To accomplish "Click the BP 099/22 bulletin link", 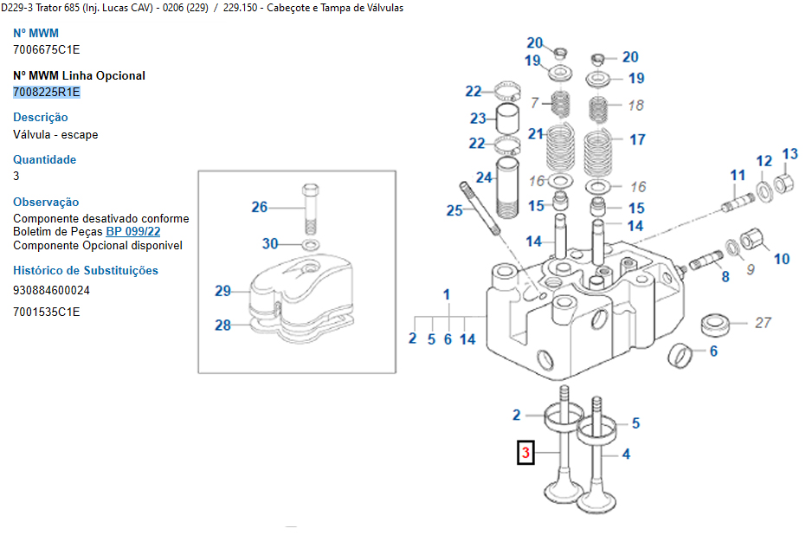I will coord(132,232).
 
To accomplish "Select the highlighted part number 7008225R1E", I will coord(47,92).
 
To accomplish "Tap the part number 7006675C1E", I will coord(47,50).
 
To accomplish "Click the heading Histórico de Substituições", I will coord(86,270).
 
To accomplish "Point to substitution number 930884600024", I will coord(51,291).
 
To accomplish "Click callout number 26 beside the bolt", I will coord(260,207).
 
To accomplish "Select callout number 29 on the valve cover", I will coord(223,291).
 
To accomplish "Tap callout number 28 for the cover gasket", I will coord(223,326).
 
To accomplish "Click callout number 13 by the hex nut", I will coord(790,155).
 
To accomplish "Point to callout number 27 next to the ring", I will coord(763,323).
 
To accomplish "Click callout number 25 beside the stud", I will coord(454,210).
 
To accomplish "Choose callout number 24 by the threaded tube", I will coord(484,177).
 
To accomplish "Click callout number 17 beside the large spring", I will coord(637,139).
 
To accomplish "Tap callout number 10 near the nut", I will coord(782,259).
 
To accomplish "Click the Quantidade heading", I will coord(44,159).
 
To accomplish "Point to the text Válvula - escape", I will coord(55,134).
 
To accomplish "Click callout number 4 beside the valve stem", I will coord(626,454).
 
